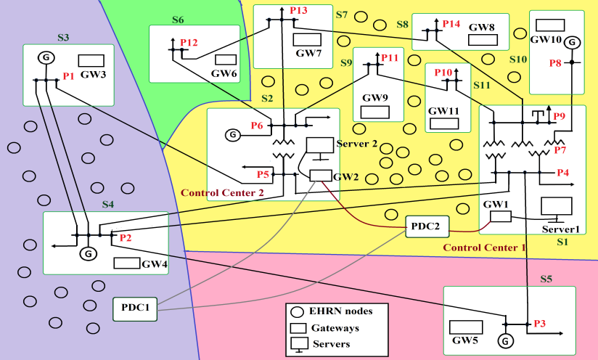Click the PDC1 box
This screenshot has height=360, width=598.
point(136,308)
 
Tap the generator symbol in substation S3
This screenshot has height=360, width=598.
point(45,57)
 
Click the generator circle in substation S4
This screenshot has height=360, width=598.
point(87,253)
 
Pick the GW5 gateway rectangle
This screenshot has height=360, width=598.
point(466,327)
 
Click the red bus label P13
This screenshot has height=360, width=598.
point(298,11)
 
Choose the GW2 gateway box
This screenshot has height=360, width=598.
point(319,176)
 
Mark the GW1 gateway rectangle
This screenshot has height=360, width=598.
point(500,216)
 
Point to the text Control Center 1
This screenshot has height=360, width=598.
point(484,247)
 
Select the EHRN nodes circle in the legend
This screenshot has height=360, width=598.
point(298,311)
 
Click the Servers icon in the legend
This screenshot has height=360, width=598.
point(298,343)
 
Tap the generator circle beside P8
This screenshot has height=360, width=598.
point(572,43)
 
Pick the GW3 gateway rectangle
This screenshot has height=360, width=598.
point(91,60)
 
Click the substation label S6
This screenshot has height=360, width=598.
point(178,20)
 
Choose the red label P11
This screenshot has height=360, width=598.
point(390,57)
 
